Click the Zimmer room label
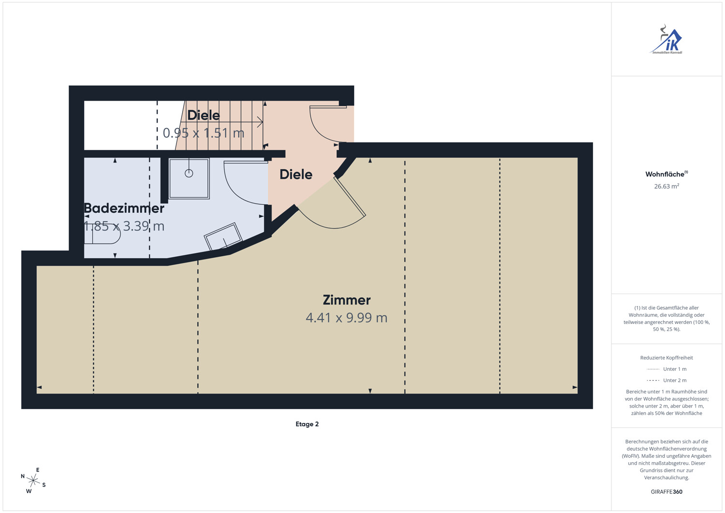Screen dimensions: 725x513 (x=347, y=300)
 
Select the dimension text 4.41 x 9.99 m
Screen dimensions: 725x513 (x=347, y=318)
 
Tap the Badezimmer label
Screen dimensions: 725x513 (x=124, y=208)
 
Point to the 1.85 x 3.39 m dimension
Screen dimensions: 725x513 (x=124, y=226)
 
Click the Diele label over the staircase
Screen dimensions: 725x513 (x=203, y=115)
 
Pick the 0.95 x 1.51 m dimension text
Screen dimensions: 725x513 (x=203, y=133)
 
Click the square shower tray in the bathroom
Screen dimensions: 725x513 (x=189, y=178)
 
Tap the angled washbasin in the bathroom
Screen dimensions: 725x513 (x=223, y=237)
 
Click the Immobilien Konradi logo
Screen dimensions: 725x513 (x=667, y=40)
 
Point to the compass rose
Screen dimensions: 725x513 (x=33, y=480)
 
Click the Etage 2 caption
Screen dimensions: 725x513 (x=307, y=424)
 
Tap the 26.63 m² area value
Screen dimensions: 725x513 (x=667, y=186)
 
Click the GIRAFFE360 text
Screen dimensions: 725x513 (x=667, y=492)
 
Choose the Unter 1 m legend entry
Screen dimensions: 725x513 (x=667, y=369)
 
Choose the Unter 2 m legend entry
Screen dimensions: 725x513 (x=667, y=380)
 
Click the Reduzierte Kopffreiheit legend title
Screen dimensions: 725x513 (x=667, y=357)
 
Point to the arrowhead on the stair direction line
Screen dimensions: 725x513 (x=260, y=122)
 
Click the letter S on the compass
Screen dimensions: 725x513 (x=44, y=485)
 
